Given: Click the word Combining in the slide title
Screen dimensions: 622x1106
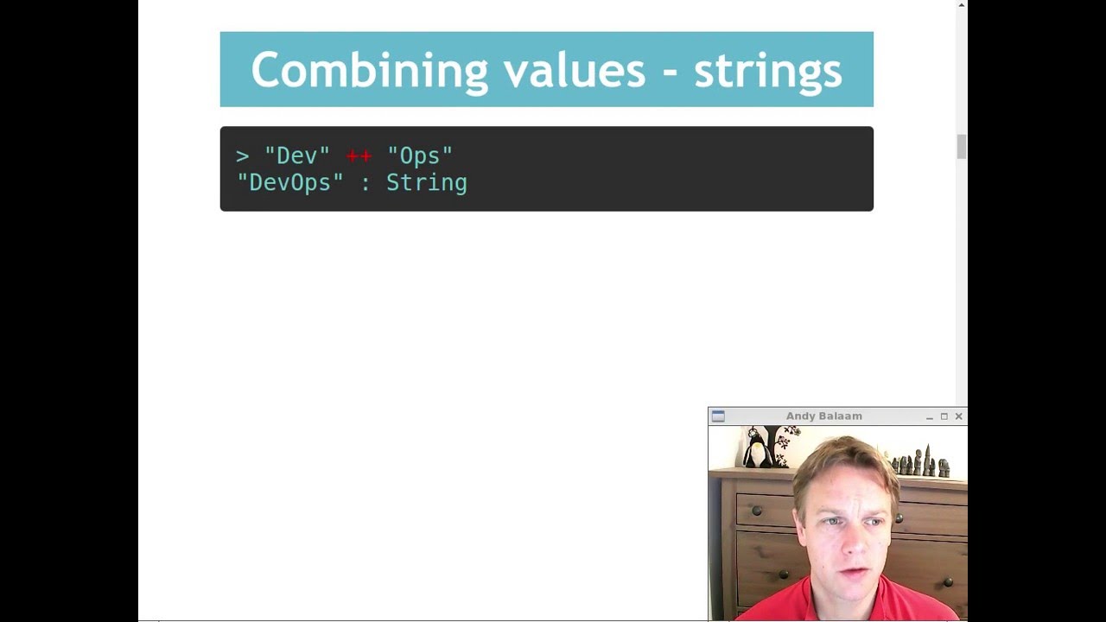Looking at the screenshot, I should point(369,70).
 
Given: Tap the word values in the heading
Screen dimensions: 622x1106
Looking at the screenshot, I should point(574,70).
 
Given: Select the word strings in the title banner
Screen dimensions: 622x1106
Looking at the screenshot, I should point(767,70).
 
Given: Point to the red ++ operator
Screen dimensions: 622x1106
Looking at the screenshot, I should point(359,155).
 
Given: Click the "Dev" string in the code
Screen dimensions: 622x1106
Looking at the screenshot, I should point(296,155).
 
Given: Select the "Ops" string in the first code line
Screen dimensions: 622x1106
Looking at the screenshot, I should point(420,155).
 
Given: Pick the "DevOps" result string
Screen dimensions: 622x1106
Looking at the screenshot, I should point(290,182).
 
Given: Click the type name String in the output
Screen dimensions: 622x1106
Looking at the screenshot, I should point(426,182).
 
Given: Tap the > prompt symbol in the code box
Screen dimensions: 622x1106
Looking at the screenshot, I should point(242,155).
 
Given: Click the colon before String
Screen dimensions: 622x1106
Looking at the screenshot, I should point(365,183).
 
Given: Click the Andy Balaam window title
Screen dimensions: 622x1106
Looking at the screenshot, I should point(823,416).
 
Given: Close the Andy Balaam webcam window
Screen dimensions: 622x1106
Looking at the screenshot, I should point(958,416).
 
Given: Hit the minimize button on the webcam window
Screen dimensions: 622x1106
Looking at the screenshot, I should point(929,417).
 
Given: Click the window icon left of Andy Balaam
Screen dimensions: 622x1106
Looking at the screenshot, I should point(718,416).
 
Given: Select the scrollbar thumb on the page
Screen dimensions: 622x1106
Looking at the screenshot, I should point(961,147).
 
